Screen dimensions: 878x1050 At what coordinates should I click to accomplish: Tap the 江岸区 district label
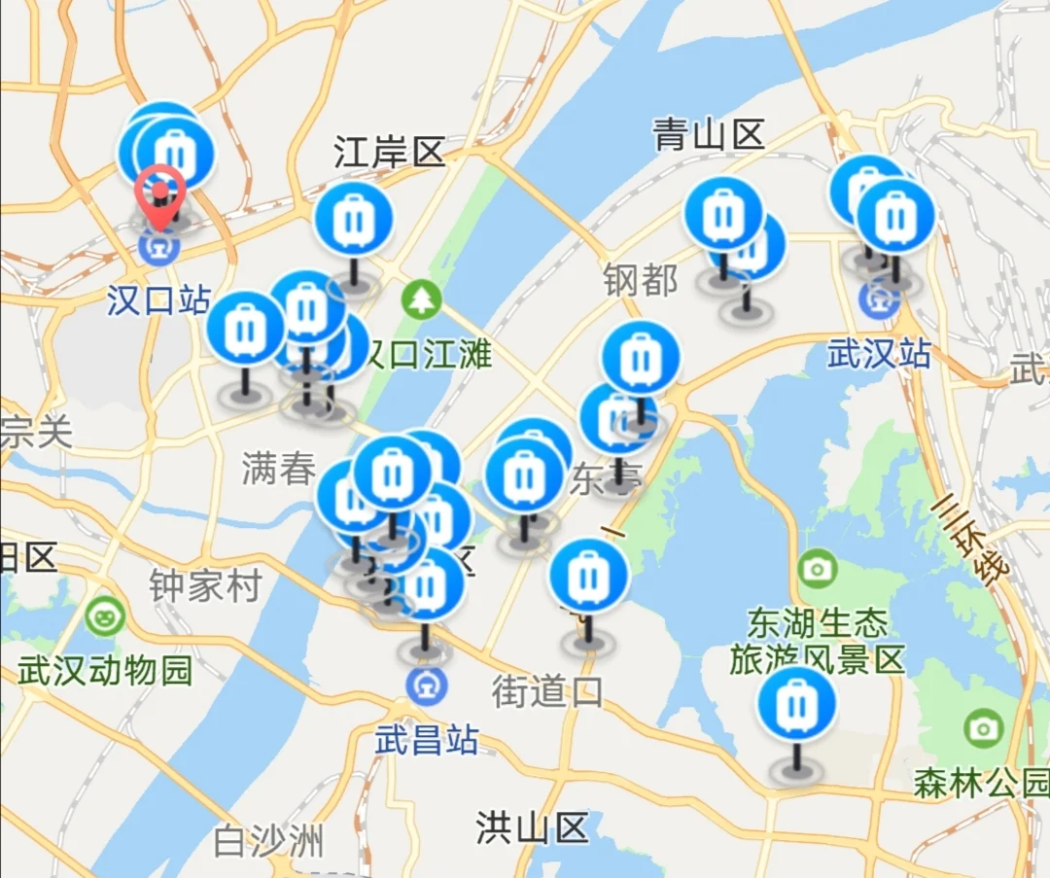pyautogui.click(x=389, y=153)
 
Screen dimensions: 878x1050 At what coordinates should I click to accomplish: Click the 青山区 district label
pyautogui.click(x=709, y=134)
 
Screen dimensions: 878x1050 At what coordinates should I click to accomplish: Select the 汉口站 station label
pyautogui.click(x=157, y=300)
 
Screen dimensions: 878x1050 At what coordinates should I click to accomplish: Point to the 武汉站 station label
pyautogui.click(x=879, y=354)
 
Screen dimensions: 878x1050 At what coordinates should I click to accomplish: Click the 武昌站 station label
pyautogui.click(x=427, y=741)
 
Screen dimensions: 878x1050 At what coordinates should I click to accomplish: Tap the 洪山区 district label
pyautogui.click(x=533, y=828)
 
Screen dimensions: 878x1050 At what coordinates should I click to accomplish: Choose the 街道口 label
pyautogui.click(x=547, y=692)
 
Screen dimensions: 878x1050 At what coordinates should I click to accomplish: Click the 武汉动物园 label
pyautogui.click(x=105, y=671)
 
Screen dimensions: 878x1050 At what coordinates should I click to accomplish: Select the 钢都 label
pyautogui.click(x=640, y=281)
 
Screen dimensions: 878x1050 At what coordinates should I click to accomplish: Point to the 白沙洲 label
pyautogui.click(x=268, y=841)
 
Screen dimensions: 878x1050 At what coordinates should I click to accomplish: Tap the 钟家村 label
pyautogui.click(x=205, y=586)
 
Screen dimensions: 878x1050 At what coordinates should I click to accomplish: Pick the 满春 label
pyautogui.click(x=279, y=470)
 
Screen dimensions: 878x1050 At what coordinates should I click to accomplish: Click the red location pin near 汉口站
pyautogui.click(x=160, y=190)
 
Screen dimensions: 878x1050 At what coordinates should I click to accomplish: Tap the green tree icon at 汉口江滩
pyautogui.click(x=423, y=298)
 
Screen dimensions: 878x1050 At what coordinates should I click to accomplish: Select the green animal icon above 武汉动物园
pyautogui.click(x=104, y=615)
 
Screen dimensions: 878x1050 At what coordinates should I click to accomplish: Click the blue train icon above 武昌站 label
pyautogui.click(x=427, y=685)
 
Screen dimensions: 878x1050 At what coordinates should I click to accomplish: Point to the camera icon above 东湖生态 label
pyautogui.click(x=817, y=567)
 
